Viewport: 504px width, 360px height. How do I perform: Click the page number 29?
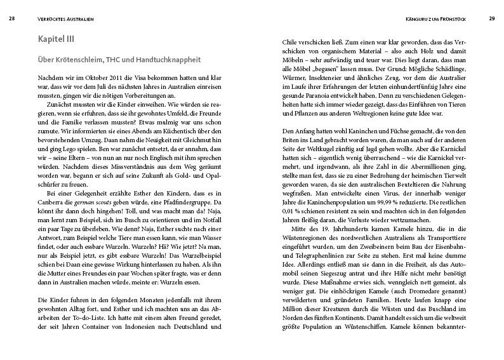point(491,19)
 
